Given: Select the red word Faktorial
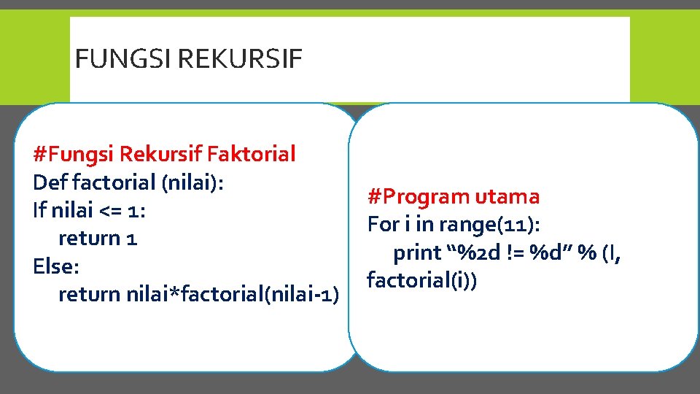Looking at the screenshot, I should coord(252,154).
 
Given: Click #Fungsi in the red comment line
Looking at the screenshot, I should coord(74,154).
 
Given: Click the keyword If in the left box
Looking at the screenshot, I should coord(40,210).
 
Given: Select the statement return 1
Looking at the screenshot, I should coord(98,238).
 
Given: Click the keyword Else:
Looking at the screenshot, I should coord(55,266).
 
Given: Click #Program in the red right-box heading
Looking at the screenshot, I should coord(419,196).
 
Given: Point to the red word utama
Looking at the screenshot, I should coord(507,196).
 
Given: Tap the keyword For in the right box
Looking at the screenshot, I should coord(383,224).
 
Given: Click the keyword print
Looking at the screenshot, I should coord(417,252).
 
